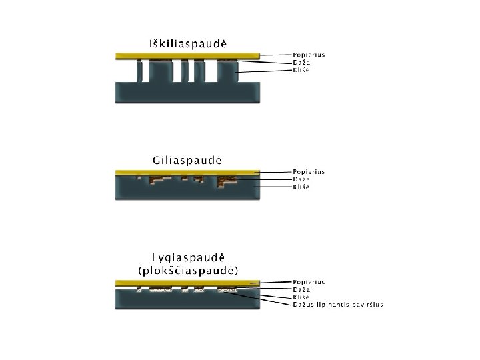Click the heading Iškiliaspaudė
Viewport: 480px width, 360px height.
[187, 43]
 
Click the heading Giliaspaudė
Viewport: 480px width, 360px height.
[187, 161]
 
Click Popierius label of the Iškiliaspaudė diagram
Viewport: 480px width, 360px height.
[309, 54]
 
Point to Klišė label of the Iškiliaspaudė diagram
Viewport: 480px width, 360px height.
[302, 69]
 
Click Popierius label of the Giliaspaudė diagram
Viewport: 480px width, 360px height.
[309, 172]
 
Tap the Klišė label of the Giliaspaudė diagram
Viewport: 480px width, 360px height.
[302, 187]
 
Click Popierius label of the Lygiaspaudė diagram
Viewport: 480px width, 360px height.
[309, 282]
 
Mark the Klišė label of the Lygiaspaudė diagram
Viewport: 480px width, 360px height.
[302, 297]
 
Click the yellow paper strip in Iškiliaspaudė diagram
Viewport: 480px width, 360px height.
[187, 56]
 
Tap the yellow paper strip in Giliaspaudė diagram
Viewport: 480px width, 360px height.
[187, 173]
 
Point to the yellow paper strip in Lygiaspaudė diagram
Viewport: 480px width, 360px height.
[187, 283]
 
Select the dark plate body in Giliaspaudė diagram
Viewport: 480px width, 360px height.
[187, 193]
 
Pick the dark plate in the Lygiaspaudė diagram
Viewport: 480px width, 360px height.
[187, 301]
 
